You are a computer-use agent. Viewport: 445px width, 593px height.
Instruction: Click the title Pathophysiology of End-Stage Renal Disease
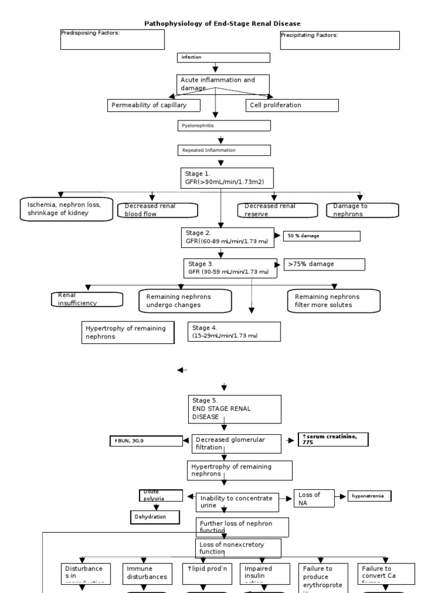tap(222, 23)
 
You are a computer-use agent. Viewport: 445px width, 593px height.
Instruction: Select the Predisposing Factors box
tap(112, 39)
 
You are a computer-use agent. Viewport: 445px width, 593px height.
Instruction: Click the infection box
tap(224, 57)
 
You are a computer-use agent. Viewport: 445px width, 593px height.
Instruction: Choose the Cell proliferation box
tap(292, 105)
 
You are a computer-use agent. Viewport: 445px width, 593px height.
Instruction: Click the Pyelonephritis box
tap(224, 125)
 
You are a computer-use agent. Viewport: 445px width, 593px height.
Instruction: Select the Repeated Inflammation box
tap(224, 150)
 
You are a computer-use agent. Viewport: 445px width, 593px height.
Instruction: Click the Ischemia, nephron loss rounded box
tap(64, 208)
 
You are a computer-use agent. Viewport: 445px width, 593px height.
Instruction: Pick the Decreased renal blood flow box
tap(157, 210)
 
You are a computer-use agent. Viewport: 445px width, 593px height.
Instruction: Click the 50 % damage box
tap(322, 236)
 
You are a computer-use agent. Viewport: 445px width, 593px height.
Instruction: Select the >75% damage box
tap(324, 264)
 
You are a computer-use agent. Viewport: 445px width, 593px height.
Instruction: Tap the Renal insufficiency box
tap(87, 299)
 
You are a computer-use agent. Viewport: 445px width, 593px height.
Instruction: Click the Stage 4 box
tap(234, 332)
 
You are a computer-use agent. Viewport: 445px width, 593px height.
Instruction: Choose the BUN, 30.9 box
tap(146, 441)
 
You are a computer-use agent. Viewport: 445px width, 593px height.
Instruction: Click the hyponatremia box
tap(369, 496)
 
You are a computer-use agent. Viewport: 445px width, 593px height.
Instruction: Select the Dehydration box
tap(154, 517)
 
